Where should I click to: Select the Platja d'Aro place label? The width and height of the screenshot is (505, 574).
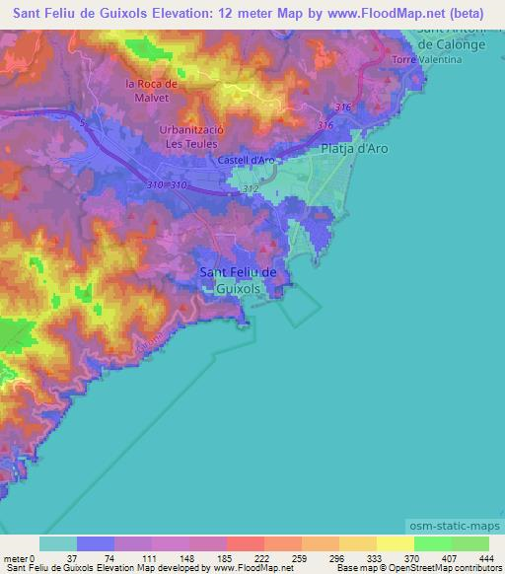pyautogui.click(x=358, y=149)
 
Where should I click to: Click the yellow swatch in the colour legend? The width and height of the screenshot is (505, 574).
pyautogui.click(x=395, y=543)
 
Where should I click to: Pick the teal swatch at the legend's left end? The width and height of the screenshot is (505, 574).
pyautogui.click(x=57, y=543)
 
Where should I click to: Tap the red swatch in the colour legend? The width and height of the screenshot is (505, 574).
pyautogui.click(x=245, y=543)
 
